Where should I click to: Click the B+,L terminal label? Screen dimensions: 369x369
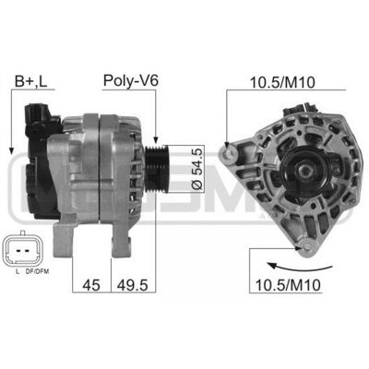click(x=31, y=82)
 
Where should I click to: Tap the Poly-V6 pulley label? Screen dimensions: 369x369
click(x=131, y=81)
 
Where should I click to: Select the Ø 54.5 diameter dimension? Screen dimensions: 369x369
click(x=196, y=169)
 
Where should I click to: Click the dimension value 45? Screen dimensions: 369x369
click(x=91, y=285)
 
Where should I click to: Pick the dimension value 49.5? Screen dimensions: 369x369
click(x=132, y=285)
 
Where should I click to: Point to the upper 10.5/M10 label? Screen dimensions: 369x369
click(x=282, y=82)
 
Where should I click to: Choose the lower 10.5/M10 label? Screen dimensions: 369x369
click(x=288, y=285)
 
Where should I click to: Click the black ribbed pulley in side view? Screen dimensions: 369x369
click(x=156, y=168)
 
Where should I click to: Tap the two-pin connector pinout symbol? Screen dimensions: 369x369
click(x=22, y=248)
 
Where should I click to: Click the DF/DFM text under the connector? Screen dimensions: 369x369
click(x=39, y=271)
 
